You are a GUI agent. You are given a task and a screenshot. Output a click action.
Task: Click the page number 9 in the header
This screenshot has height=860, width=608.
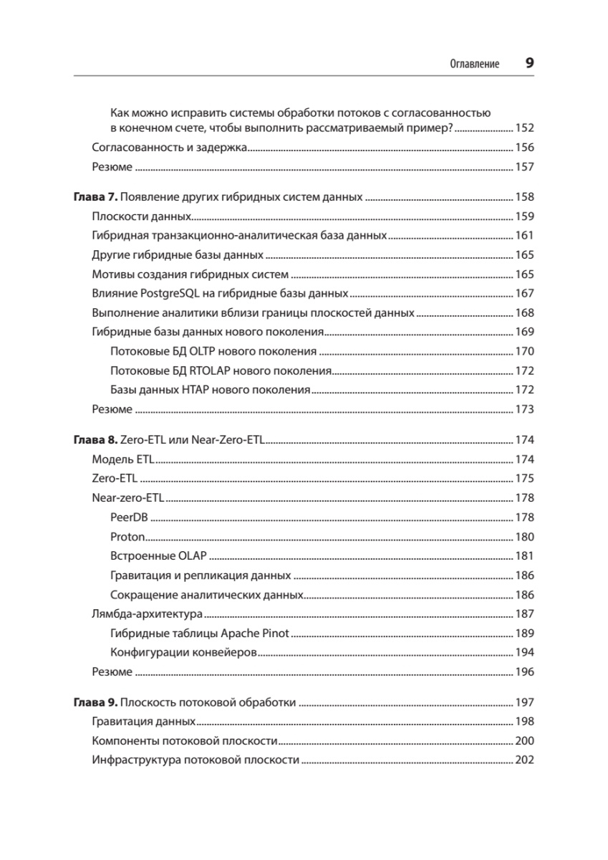529,63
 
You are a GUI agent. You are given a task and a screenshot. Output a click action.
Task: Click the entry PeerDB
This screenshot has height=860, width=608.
130,517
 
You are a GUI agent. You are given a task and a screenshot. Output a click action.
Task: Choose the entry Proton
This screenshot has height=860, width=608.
128,537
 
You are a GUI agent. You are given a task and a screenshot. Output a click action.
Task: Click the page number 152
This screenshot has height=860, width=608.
525,129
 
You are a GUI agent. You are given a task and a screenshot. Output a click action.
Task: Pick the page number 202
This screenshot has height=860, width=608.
525,760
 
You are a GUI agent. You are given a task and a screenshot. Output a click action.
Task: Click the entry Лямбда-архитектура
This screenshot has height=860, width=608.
148,614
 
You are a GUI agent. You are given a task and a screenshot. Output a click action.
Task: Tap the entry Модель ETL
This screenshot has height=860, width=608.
124,459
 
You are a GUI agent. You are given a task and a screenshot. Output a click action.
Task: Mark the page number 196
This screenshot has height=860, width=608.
525,672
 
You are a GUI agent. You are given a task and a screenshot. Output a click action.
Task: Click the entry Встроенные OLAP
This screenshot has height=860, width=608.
158,556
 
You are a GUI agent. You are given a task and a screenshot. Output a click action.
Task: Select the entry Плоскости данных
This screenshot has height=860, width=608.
142,216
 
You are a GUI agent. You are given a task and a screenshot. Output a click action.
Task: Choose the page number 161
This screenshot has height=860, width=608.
525,236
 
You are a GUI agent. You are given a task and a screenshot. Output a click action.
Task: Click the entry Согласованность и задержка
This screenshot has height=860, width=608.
170,148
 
